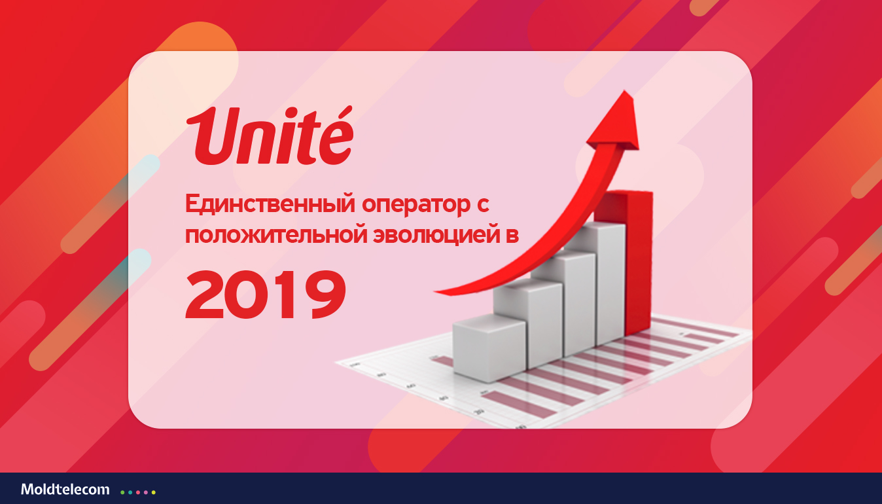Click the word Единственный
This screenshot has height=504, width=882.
(x=270, y=204)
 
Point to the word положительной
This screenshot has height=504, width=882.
(x=275, y=236)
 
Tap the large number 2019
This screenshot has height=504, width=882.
(x=266, y=294)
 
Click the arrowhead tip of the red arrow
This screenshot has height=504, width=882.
(x=624, y=91)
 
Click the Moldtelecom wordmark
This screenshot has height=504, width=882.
(x=65, y=490)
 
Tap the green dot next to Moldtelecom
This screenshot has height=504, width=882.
(x=122, y=492)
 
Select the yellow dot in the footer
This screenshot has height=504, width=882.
(x=154, y=492)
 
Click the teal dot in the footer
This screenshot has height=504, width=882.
(x=130, y=492)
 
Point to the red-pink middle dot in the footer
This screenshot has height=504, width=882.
(x=138, y=492)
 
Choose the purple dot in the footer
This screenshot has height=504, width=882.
(x=146, y=492)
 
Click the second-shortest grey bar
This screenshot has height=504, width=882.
(x=527, y=323)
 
